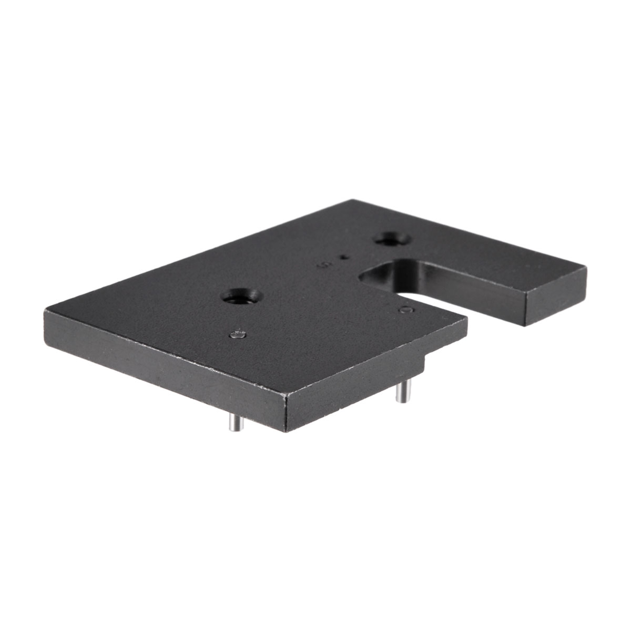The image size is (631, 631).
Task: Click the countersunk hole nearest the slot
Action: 391,239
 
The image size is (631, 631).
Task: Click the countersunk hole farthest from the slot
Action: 240,297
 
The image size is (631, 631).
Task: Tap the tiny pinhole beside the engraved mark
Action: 344,257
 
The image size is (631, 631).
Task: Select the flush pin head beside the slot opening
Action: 405,310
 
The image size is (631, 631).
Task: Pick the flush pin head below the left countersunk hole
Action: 238,334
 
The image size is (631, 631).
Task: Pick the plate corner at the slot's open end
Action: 466,319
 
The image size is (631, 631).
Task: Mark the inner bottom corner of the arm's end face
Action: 526,325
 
